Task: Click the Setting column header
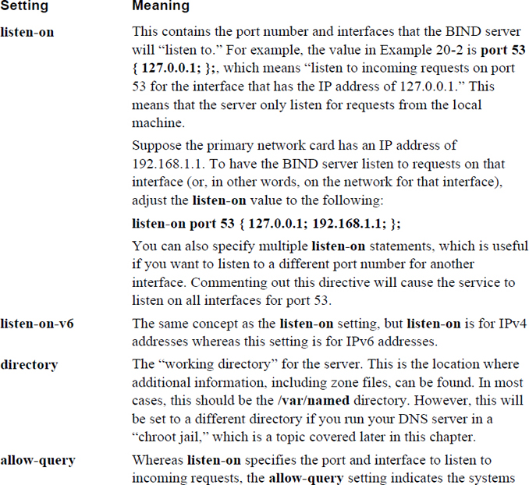(x=24, y=7)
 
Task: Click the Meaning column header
(x=161, y=7)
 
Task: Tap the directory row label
(x=28, y=364)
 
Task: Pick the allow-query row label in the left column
(x=37, y=460)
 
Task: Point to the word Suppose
(x=154, y=146)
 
